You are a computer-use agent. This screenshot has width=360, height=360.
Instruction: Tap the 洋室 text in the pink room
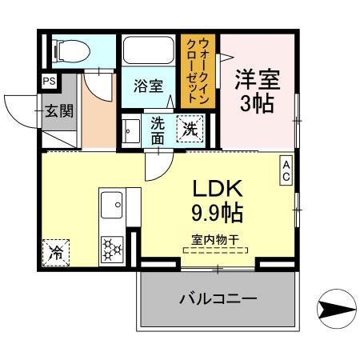pos(258,81)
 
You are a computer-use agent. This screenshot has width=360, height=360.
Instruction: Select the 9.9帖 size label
pos(217,214)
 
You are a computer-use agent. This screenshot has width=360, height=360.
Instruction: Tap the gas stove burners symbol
pos(112,250)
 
